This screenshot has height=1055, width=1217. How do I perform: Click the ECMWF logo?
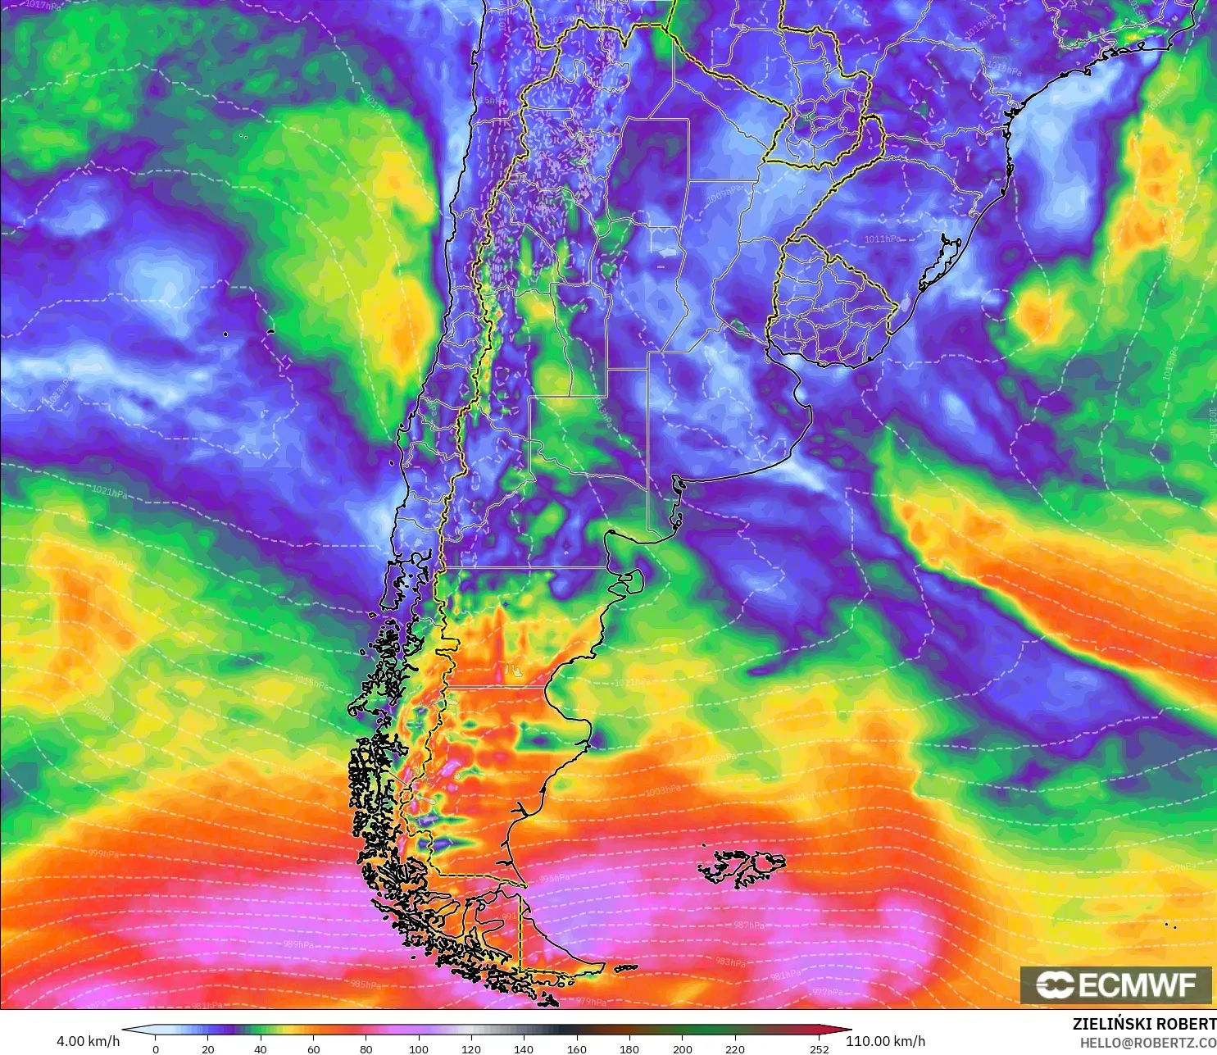pos(1115,985)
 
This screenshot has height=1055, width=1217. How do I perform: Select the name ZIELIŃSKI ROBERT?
pos(1144,1024)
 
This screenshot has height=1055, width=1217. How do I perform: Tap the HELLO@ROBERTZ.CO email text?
pos(1147,1043)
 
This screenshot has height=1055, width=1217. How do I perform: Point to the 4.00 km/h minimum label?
pos(88,1041)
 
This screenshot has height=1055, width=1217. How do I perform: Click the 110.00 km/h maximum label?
pos(885,1041)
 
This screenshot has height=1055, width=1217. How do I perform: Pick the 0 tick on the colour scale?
pos(156,1048)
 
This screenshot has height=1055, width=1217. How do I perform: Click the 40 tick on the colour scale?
pos(261,1048)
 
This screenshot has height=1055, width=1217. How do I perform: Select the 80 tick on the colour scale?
pos(366,1048)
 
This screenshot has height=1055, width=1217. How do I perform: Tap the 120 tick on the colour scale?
pos(471,1048)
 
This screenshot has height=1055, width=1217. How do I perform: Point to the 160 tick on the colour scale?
pos(576,1048)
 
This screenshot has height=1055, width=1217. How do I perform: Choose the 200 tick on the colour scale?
pos(682,1048)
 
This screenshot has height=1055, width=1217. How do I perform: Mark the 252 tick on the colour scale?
pos(819,1048)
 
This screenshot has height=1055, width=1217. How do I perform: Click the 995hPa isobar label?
pos(554,878)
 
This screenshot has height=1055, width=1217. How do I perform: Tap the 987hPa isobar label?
pos(748,925)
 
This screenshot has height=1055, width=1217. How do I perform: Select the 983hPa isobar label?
pos(730,962)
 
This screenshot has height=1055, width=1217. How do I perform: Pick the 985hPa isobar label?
pos(366,984)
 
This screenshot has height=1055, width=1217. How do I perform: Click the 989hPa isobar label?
pos(298,944)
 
